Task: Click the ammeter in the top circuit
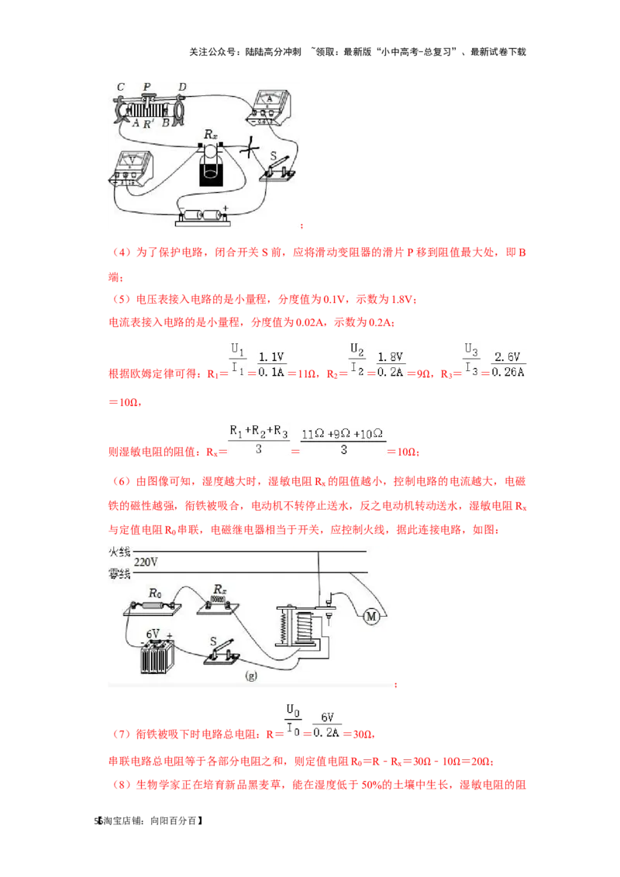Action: tap(269, 106)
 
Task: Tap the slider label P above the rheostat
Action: tap(146, 87)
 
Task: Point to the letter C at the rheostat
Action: tap(121, 87)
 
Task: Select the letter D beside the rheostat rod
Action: tap(182, 87)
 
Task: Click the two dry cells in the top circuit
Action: tap(202, 215)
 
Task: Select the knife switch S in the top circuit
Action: tap(277, 168)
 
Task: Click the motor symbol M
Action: tap(371, 617)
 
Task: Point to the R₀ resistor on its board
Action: tap(153, 607)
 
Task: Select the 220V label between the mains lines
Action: tap(146, 562)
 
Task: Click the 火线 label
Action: tap(119, 552)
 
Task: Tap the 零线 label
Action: tap(119, 574)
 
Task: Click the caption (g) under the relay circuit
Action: tap(251, 676)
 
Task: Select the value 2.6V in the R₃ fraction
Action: tap(508, 357)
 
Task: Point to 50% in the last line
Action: tap(372, 785)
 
